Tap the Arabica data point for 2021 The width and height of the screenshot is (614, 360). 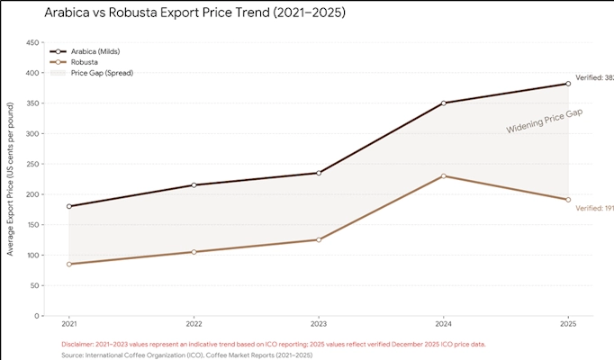click(69, 206)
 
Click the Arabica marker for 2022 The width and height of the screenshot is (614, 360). click(194, 185)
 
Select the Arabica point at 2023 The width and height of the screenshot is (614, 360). click(319, 173)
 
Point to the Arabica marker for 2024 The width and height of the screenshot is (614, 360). click(444, 103)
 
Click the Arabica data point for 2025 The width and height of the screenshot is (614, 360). click(568, 84)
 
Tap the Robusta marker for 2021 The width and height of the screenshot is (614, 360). click(69, 264)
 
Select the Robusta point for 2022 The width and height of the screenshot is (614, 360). click(194, 252)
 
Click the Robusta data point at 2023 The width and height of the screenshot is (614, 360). click(319, 239)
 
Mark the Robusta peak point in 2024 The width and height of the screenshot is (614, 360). click(444, 175)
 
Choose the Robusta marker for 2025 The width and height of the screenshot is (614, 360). click(568, 200)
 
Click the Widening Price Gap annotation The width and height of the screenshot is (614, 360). click(545, 121)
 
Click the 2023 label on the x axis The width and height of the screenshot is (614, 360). click(319, 323)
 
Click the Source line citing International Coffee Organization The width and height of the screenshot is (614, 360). click(186, 355)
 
